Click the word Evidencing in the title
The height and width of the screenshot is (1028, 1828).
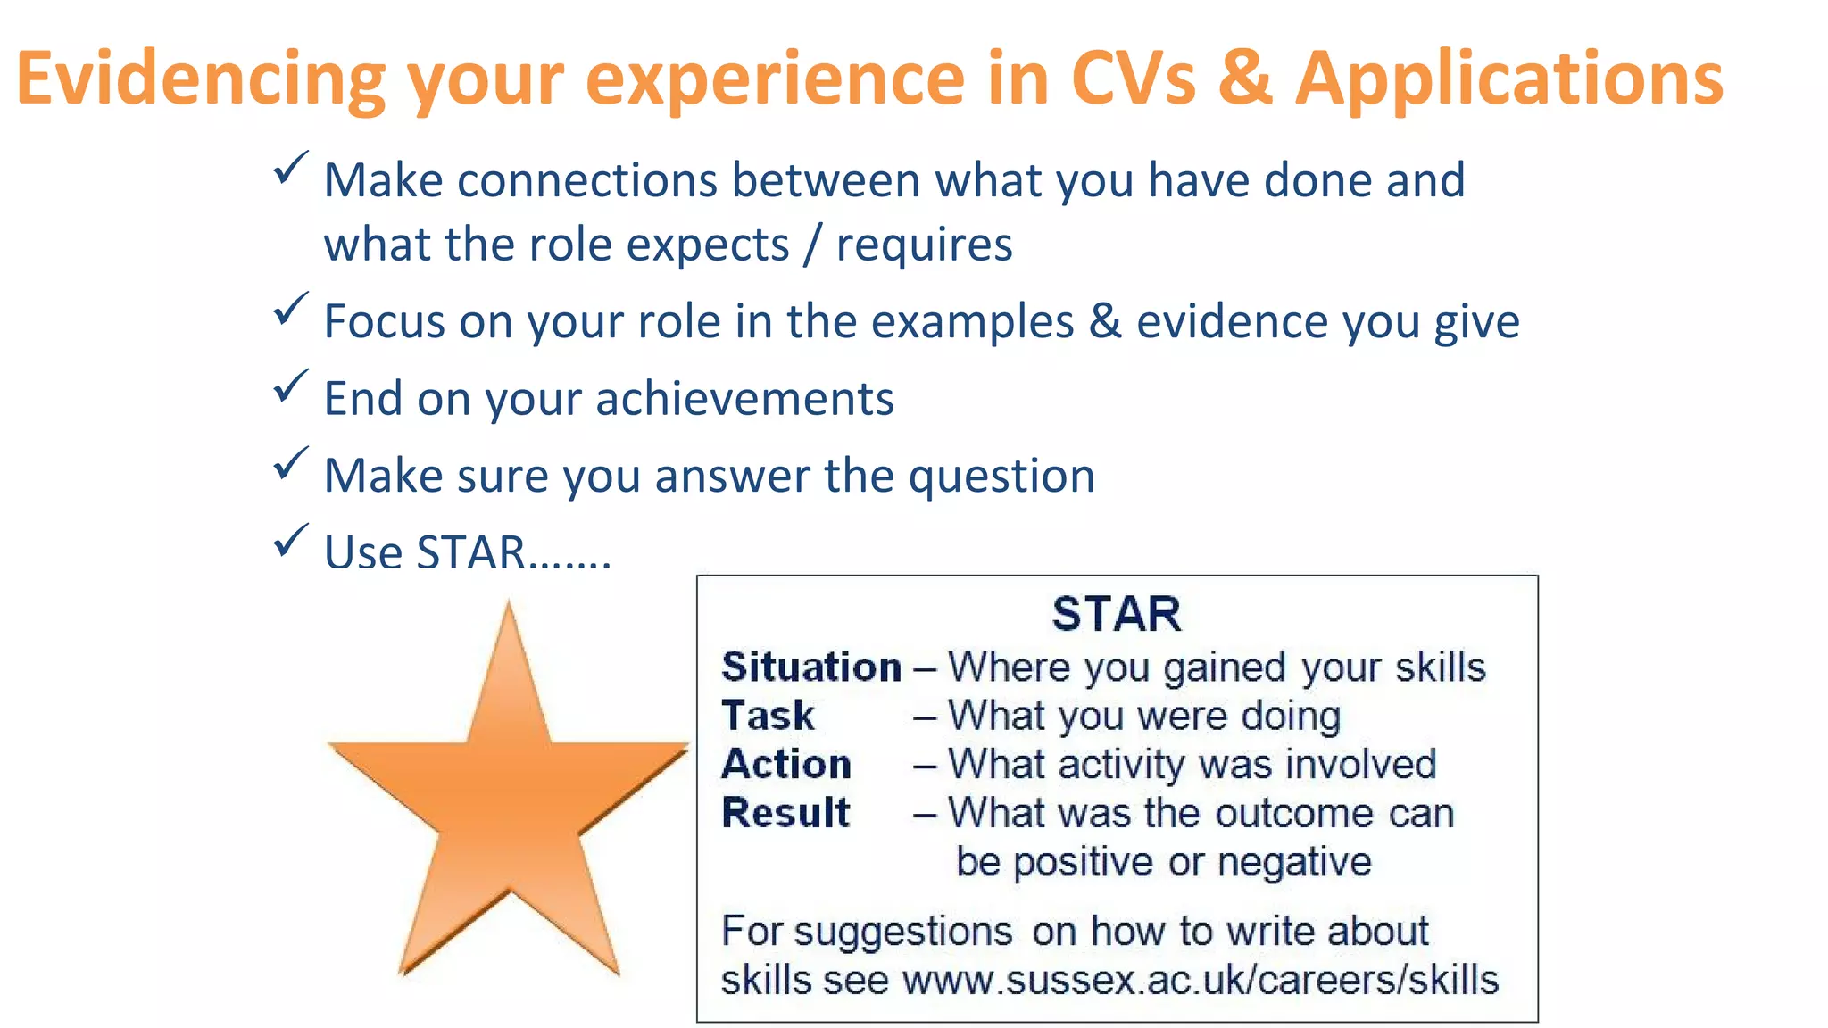click(201, 79)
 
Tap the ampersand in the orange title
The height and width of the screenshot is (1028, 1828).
click(1244, 79)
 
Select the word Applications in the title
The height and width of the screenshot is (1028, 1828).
click(1508, 79)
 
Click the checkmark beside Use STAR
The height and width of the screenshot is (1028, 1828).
click(290, 541)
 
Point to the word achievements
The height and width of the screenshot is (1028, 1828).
click(744, 398)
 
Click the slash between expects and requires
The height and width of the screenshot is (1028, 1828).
click(811, 245)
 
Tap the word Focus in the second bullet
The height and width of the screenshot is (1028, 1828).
click(383, 321)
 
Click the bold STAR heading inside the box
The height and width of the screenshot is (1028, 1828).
click(1116, 614)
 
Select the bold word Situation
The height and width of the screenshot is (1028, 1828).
click(810, 667)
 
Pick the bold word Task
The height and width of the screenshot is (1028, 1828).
click(768, 716)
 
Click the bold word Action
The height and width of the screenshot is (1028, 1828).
click(786, 765)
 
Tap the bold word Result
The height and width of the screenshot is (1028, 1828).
click(785, 813)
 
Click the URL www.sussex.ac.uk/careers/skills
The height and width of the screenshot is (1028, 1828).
click(1200, 980)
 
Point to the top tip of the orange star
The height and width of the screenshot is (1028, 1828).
click(509, 607)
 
